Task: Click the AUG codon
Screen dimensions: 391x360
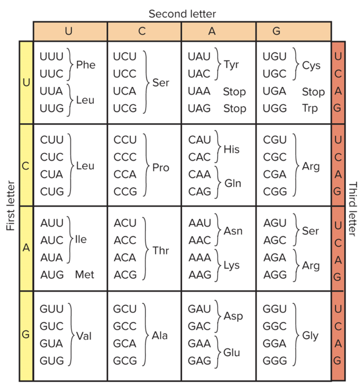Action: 52,275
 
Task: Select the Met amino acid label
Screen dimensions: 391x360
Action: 85,275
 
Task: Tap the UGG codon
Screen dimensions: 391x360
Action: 275,109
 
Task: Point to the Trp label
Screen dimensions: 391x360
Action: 310,109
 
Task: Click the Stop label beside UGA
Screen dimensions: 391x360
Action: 313,92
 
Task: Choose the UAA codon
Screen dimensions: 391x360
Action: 199,91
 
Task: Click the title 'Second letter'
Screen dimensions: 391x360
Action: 182,14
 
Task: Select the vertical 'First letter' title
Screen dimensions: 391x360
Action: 11,206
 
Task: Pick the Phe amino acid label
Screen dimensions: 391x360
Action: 86,65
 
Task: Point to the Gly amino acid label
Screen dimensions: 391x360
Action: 311,336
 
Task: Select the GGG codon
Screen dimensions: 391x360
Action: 275,361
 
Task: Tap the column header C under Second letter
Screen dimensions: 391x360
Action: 141,31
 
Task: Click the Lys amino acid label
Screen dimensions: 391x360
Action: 232,266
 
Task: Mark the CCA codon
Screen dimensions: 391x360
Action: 125,175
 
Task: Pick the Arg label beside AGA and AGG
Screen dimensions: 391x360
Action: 311,266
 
